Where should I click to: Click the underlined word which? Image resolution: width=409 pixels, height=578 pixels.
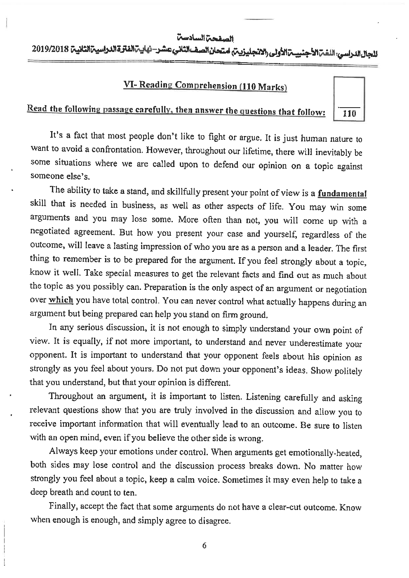(61, 300)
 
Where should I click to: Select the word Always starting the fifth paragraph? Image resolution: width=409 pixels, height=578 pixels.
(62, 451)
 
